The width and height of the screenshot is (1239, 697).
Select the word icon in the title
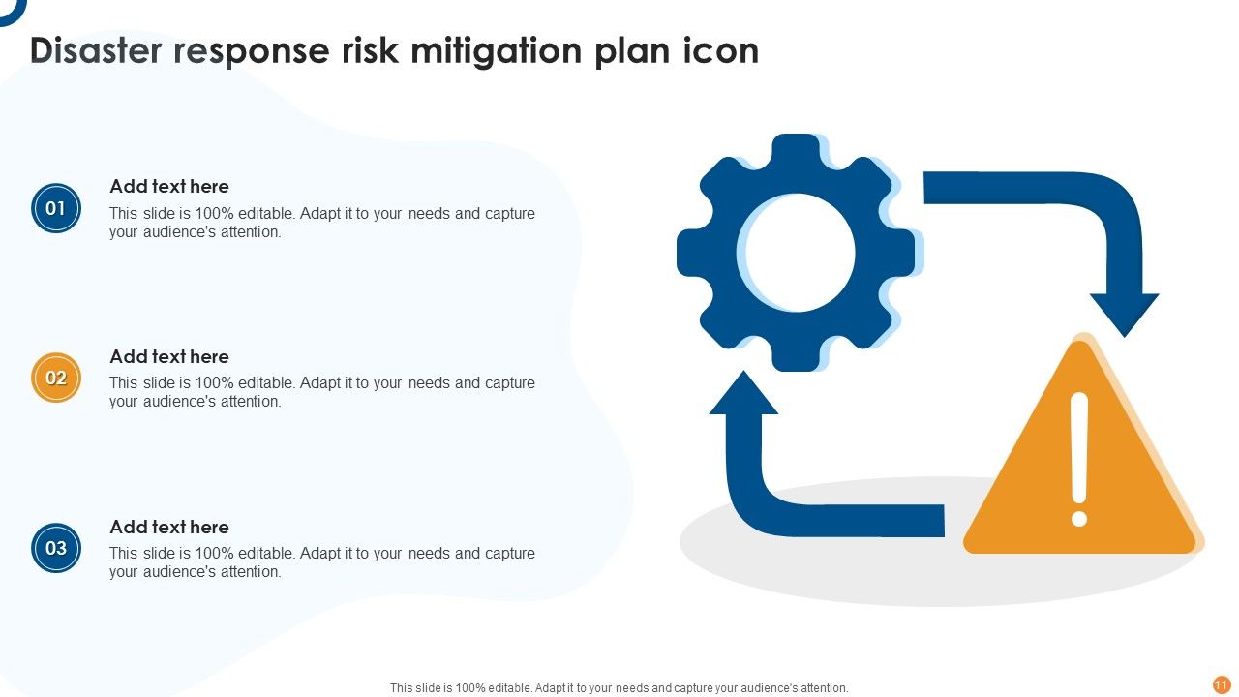[x=724, y=51]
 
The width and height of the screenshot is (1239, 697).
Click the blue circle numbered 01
[x=56, y=208]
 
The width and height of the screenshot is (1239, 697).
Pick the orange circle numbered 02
[x=56, y=378]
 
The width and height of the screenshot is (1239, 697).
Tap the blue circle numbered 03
[x=56, y=548]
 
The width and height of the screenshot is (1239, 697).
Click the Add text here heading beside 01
[x=169, y=187]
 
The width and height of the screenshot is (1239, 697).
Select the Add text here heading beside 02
[x=169, y=357]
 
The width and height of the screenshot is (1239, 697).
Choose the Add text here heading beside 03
[x=169, y=528]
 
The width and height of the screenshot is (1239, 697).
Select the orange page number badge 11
[x=1222, y=684]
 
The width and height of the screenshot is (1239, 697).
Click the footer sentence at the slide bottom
[x=619, y=688]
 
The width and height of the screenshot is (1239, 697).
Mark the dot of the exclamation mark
[x=1079, y=518]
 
